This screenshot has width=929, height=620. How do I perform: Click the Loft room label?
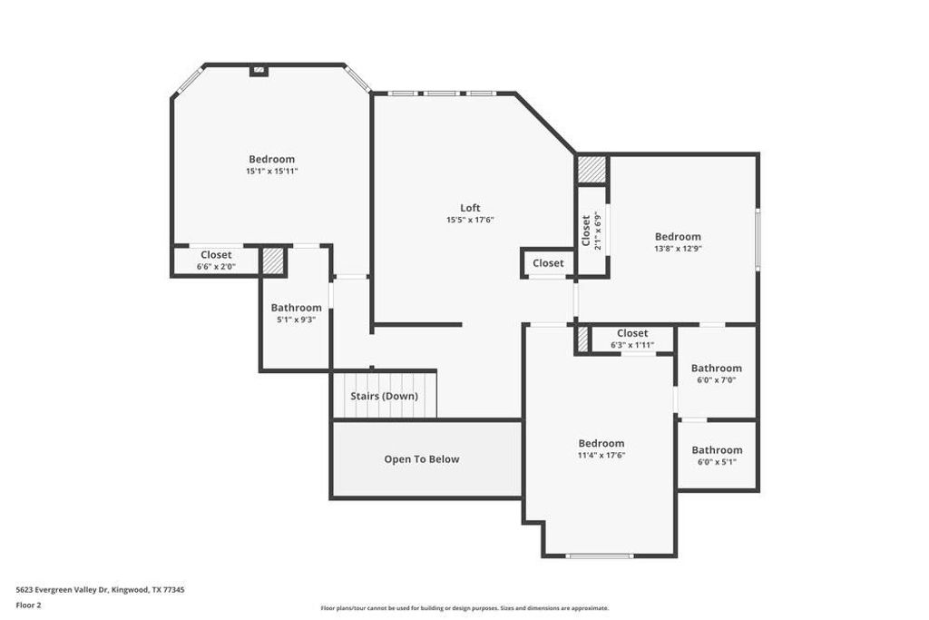(470, 207)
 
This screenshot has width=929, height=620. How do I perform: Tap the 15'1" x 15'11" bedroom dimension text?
(271, 171)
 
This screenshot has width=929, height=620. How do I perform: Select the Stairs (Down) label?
(384, 396)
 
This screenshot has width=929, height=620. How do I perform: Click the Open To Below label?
(422, 459)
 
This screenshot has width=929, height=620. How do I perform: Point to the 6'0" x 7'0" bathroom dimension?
(716, 380)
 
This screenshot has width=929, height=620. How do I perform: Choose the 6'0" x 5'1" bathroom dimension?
(716, 462)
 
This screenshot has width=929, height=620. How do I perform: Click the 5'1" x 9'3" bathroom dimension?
(296, 320)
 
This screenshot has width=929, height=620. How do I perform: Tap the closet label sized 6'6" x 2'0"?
(216, 267)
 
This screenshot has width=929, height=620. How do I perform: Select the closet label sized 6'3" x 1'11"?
(632, 345)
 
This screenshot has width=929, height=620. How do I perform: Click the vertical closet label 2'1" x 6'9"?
(598, 231)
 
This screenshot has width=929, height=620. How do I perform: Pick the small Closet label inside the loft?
(548, 263)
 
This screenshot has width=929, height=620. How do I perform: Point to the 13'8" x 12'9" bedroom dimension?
(678, 249)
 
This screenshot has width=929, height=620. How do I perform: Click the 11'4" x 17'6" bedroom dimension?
(601, 456)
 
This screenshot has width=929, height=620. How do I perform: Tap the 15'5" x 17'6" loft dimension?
(470, 220)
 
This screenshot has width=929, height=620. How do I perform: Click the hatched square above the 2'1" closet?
(592, 170)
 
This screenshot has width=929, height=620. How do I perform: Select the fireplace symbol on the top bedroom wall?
(259, 69)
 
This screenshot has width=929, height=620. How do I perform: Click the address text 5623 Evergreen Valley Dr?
(100, 589)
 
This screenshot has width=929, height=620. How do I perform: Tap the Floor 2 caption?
(30, 604)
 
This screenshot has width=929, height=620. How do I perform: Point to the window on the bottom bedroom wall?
(599, 556)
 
